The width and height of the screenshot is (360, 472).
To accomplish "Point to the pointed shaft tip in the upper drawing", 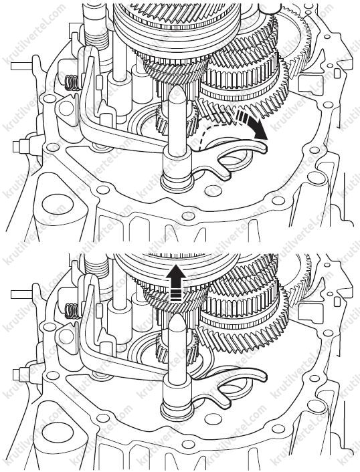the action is coord(178,86).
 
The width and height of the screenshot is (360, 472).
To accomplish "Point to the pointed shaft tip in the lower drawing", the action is coord(178,317).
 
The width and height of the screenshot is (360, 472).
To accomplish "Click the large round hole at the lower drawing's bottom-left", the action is coord(58,433).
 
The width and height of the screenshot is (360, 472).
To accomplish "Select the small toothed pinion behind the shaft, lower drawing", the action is coord(177,349).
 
